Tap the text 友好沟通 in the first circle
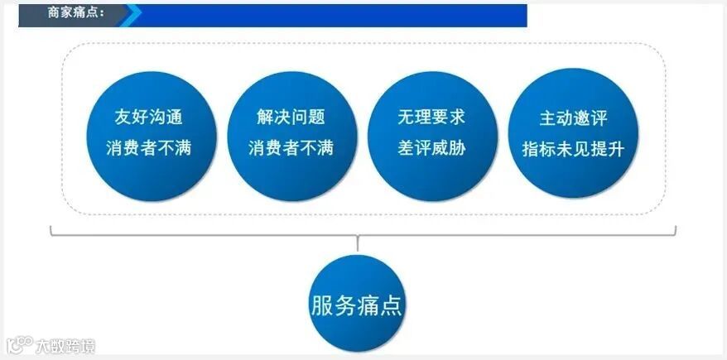tap(150, 117)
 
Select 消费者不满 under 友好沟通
tap(150, 149)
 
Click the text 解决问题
tap(291, 117)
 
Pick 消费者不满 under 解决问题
tap(291, 149)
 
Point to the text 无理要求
tap(431, 117)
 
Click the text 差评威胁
tap(431, 149)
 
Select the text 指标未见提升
tap(573, 149)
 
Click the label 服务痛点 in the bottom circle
tap(357, 305)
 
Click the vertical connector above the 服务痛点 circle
tap(357, 243)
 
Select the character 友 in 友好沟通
tap(123, 117)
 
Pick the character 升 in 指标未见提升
tap(615, 149)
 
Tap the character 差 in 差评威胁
tap(405, 149)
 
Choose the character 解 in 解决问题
tap(264, 117)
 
